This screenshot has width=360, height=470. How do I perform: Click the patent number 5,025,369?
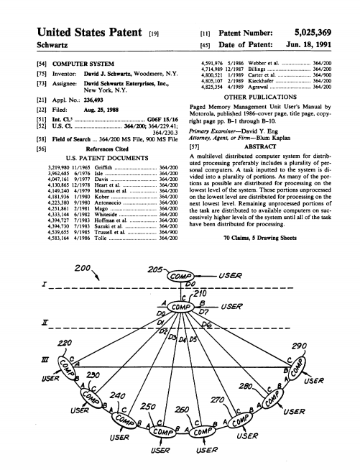pyautogui.click(x=312, y=33)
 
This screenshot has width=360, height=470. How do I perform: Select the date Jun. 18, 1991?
pyautogui.click(x=309, y=44)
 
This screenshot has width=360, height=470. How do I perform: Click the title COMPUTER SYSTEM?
pyautogui.click(x=83, y=64)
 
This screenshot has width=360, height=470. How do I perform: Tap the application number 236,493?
pyautogui.click(x=93, y=100)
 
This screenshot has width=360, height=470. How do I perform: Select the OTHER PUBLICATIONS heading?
pyautogui.click(x=260, y=97)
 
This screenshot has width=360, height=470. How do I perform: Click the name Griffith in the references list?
pyautogui.click(x=103, y=167)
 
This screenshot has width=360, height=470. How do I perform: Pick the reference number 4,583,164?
pyautogui.click(x=59, y=238)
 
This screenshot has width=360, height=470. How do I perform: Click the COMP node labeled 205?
pyautogui.click(x=181, y=276)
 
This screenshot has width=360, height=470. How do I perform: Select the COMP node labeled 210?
pyautogui.click(x=181, y=307)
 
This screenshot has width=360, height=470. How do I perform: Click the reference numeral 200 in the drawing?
pyautogui.click(x=82, y=268)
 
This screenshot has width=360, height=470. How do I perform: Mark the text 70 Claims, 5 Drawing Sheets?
pyautogui.click(x=260, y=238)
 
